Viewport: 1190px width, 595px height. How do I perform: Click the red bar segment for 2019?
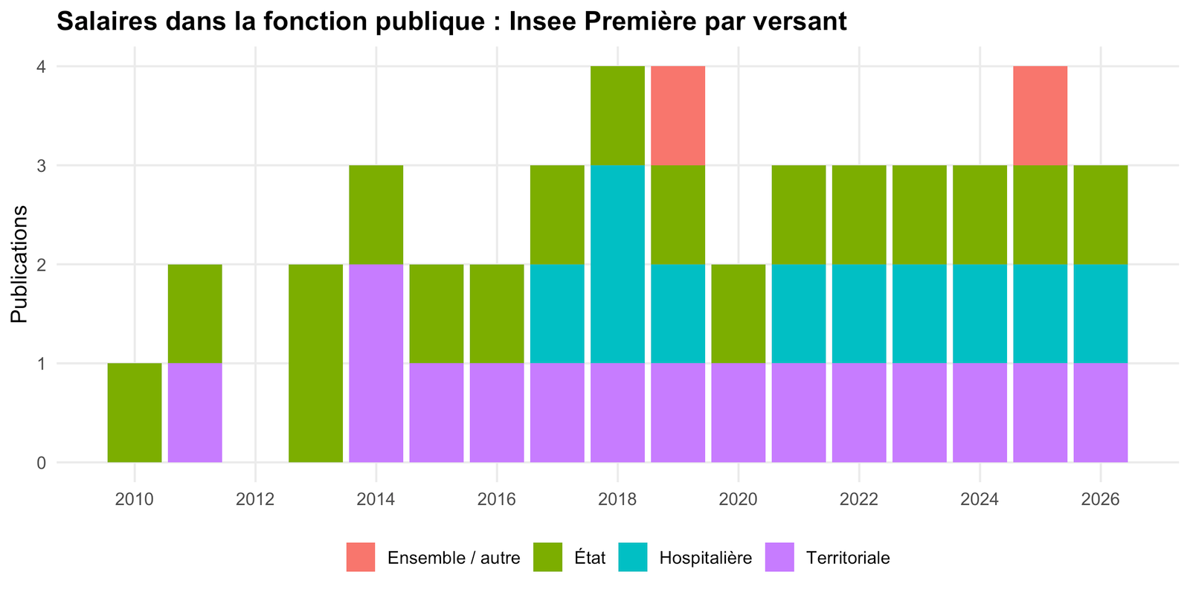coord(678,116)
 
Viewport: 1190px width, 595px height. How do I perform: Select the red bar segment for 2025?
coord(1041,116)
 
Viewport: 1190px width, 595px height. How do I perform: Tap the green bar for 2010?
coord(135,413)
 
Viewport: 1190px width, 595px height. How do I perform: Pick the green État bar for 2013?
coord(315,364)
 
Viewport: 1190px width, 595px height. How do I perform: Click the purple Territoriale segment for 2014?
coord(376,364)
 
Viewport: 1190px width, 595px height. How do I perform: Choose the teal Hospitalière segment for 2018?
coord(618,264)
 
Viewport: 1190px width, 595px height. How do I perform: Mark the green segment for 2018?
coord(618,116)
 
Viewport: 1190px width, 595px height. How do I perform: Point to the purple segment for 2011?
coord(195,413)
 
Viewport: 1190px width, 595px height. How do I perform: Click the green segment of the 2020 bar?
coord(739,314)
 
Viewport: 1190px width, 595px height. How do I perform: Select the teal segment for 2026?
coord(1101,314)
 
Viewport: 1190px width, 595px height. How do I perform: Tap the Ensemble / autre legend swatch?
coord(361,557)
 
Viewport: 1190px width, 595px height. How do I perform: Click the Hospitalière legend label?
coord(706,558)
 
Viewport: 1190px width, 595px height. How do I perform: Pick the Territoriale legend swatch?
coord(780,557)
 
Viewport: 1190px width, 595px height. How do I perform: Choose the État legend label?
coord(590,558)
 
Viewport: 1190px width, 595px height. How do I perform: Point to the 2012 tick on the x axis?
coord(256,499)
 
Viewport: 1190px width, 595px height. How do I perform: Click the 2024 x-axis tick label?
coord(980,499)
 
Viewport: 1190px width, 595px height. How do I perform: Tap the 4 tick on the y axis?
coord(42,67)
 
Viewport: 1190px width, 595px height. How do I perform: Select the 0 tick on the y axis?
coord(42,463)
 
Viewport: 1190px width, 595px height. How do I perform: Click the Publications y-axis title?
coord(19,264)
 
